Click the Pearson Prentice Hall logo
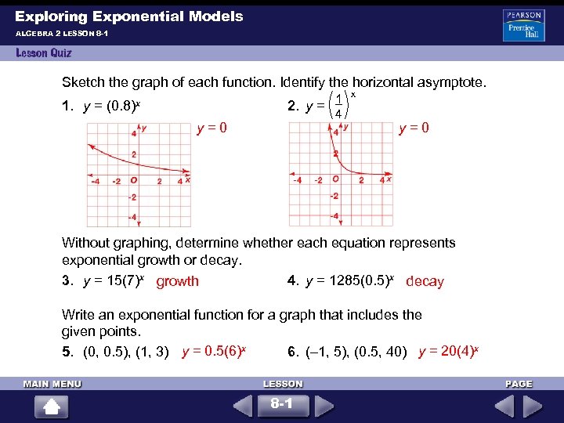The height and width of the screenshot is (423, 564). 523,25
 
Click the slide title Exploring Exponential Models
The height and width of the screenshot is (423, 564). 129,16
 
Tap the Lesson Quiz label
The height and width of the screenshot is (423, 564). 43,53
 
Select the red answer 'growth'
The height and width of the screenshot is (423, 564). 178,281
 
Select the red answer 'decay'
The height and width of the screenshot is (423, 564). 425,281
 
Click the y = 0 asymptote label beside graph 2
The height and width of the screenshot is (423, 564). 414,127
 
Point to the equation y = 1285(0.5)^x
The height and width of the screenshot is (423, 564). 353,280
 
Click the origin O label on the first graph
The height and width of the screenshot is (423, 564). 136,179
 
